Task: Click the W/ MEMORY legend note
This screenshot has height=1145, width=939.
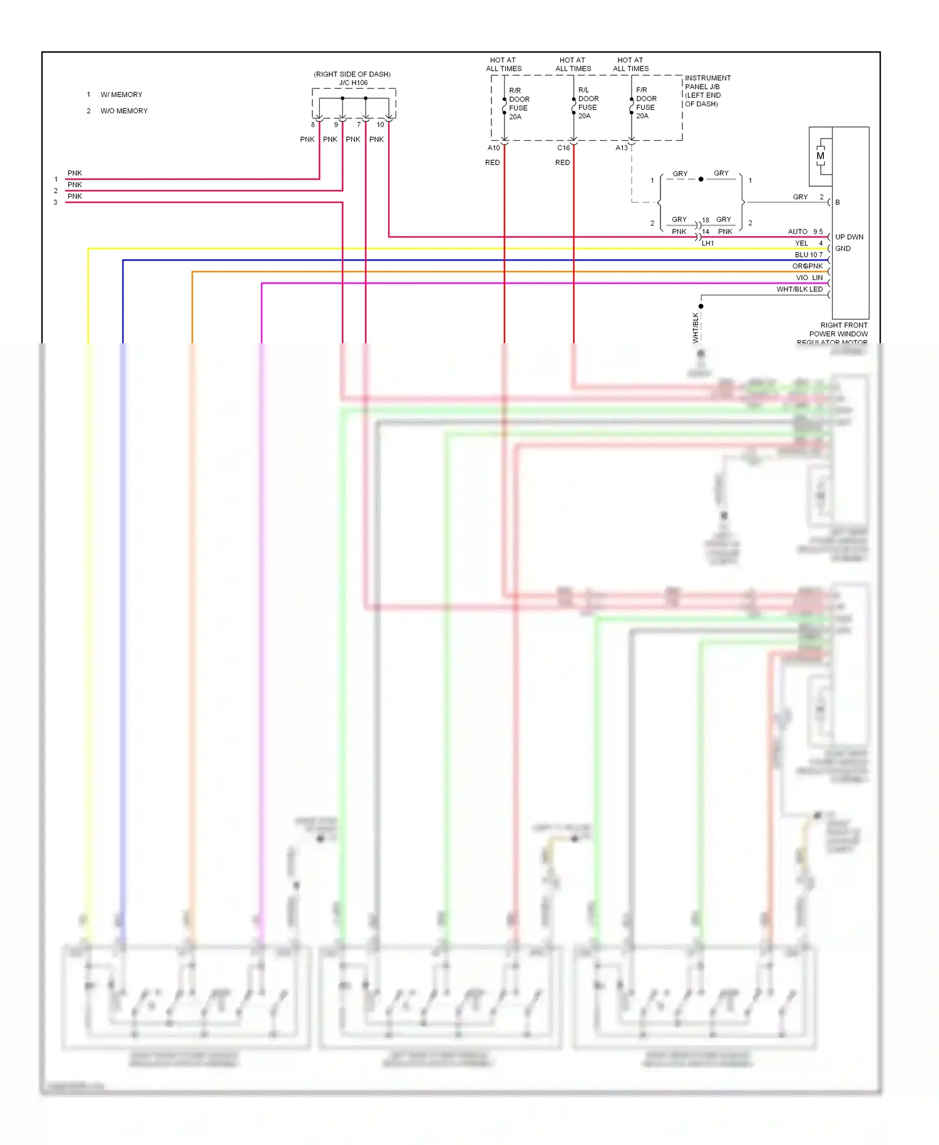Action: point(121,95)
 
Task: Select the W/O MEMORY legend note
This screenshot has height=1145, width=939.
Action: point(124,111)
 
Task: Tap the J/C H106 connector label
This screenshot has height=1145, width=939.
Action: point(353,83)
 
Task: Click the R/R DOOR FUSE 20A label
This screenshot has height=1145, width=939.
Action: point(518,103)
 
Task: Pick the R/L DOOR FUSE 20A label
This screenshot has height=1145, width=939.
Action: point(587,103)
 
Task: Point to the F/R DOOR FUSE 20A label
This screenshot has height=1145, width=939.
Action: point(645,103)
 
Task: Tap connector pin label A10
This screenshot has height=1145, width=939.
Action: point(493,148)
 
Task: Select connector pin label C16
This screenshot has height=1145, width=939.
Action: point(563,148)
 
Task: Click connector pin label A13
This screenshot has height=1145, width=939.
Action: point(621,148)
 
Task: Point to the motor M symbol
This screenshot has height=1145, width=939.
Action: point(820,156)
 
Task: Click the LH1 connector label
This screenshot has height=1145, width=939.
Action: point(707,243)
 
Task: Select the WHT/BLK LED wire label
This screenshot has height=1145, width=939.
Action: point(799,289)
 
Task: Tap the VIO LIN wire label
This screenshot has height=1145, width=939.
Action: point(809,277)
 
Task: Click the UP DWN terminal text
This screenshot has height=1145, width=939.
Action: point(849,237)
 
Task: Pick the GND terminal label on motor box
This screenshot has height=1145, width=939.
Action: point(843,249)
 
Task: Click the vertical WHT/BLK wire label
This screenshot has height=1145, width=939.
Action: point(695,327)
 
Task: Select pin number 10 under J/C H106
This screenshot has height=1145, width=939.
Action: point(380,125)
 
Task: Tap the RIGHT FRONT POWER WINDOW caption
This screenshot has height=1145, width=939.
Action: point(838,333)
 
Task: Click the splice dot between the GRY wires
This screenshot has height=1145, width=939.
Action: point(700,179)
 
